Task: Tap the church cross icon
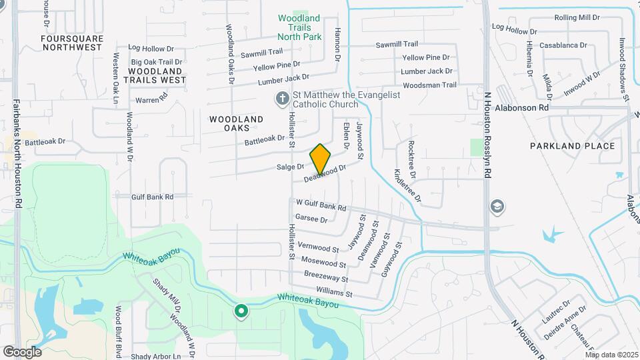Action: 282,99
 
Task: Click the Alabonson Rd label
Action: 527,107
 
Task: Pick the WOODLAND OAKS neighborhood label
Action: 237,123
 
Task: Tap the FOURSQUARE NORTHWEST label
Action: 72,43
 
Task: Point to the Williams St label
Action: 334,293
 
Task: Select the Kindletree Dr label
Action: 408,185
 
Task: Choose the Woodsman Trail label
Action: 430,85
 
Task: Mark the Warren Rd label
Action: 151,100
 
